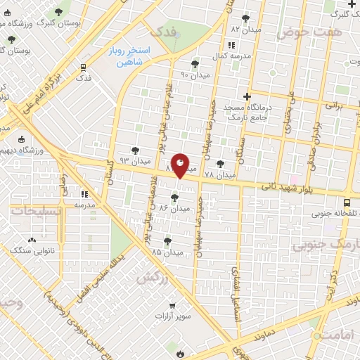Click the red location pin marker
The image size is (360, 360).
(x=181, y=165)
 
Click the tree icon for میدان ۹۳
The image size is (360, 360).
(x=135, y=150)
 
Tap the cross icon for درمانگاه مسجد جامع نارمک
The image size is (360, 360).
(x=246, y=96)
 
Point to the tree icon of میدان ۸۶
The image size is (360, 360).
(x=174, y=198)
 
